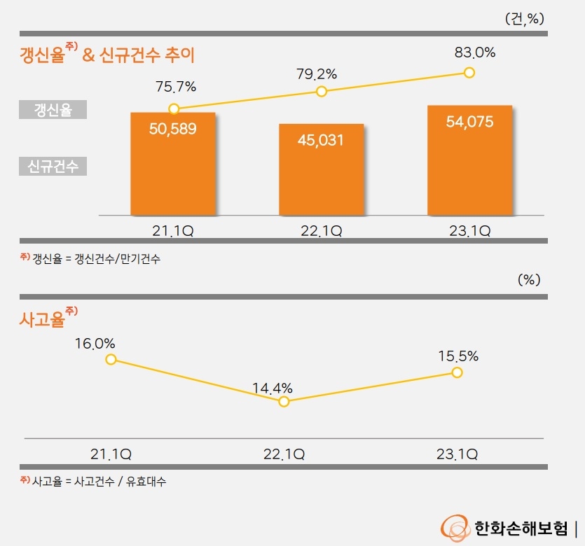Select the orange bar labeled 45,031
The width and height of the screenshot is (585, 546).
321,169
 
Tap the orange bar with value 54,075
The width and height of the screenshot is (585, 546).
469,160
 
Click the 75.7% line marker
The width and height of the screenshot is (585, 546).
174,108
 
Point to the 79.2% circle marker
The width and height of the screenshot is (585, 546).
322,92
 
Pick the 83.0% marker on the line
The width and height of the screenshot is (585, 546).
469,72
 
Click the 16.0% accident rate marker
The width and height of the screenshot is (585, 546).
110,359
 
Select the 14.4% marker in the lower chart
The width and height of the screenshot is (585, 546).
284,401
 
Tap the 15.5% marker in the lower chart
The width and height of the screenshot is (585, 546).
457,372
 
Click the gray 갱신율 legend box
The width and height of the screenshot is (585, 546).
53,110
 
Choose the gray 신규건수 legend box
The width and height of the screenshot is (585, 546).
53,167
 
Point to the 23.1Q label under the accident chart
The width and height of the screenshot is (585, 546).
457,454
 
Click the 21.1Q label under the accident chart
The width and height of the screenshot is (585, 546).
111,454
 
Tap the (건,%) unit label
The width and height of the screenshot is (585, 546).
524,19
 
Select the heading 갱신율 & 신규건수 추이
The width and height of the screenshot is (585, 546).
107,54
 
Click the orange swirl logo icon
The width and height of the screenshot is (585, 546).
454,527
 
